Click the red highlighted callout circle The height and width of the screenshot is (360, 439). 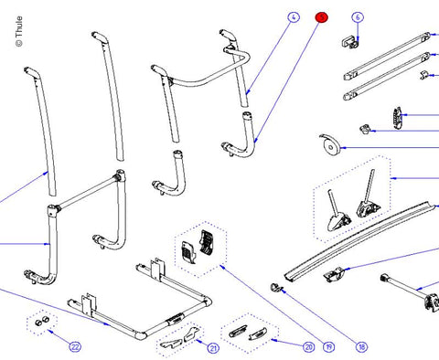click(321, 17)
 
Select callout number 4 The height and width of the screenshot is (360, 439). click(293, 17)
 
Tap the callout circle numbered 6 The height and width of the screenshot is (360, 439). click(358, 17)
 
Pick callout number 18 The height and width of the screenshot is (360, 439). click(361, 347)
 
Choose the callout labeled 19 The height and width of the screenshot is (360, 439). click(327, 347)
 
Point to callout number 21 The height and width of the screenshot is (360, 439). click(213, 347)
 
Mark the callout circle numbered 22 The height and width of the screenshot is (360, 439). click(75, 347)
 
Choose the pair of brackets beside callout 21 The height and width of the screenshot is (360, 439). click(180, 339)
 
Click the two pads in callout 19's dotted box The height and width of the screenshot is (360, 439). click(196, 246)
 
